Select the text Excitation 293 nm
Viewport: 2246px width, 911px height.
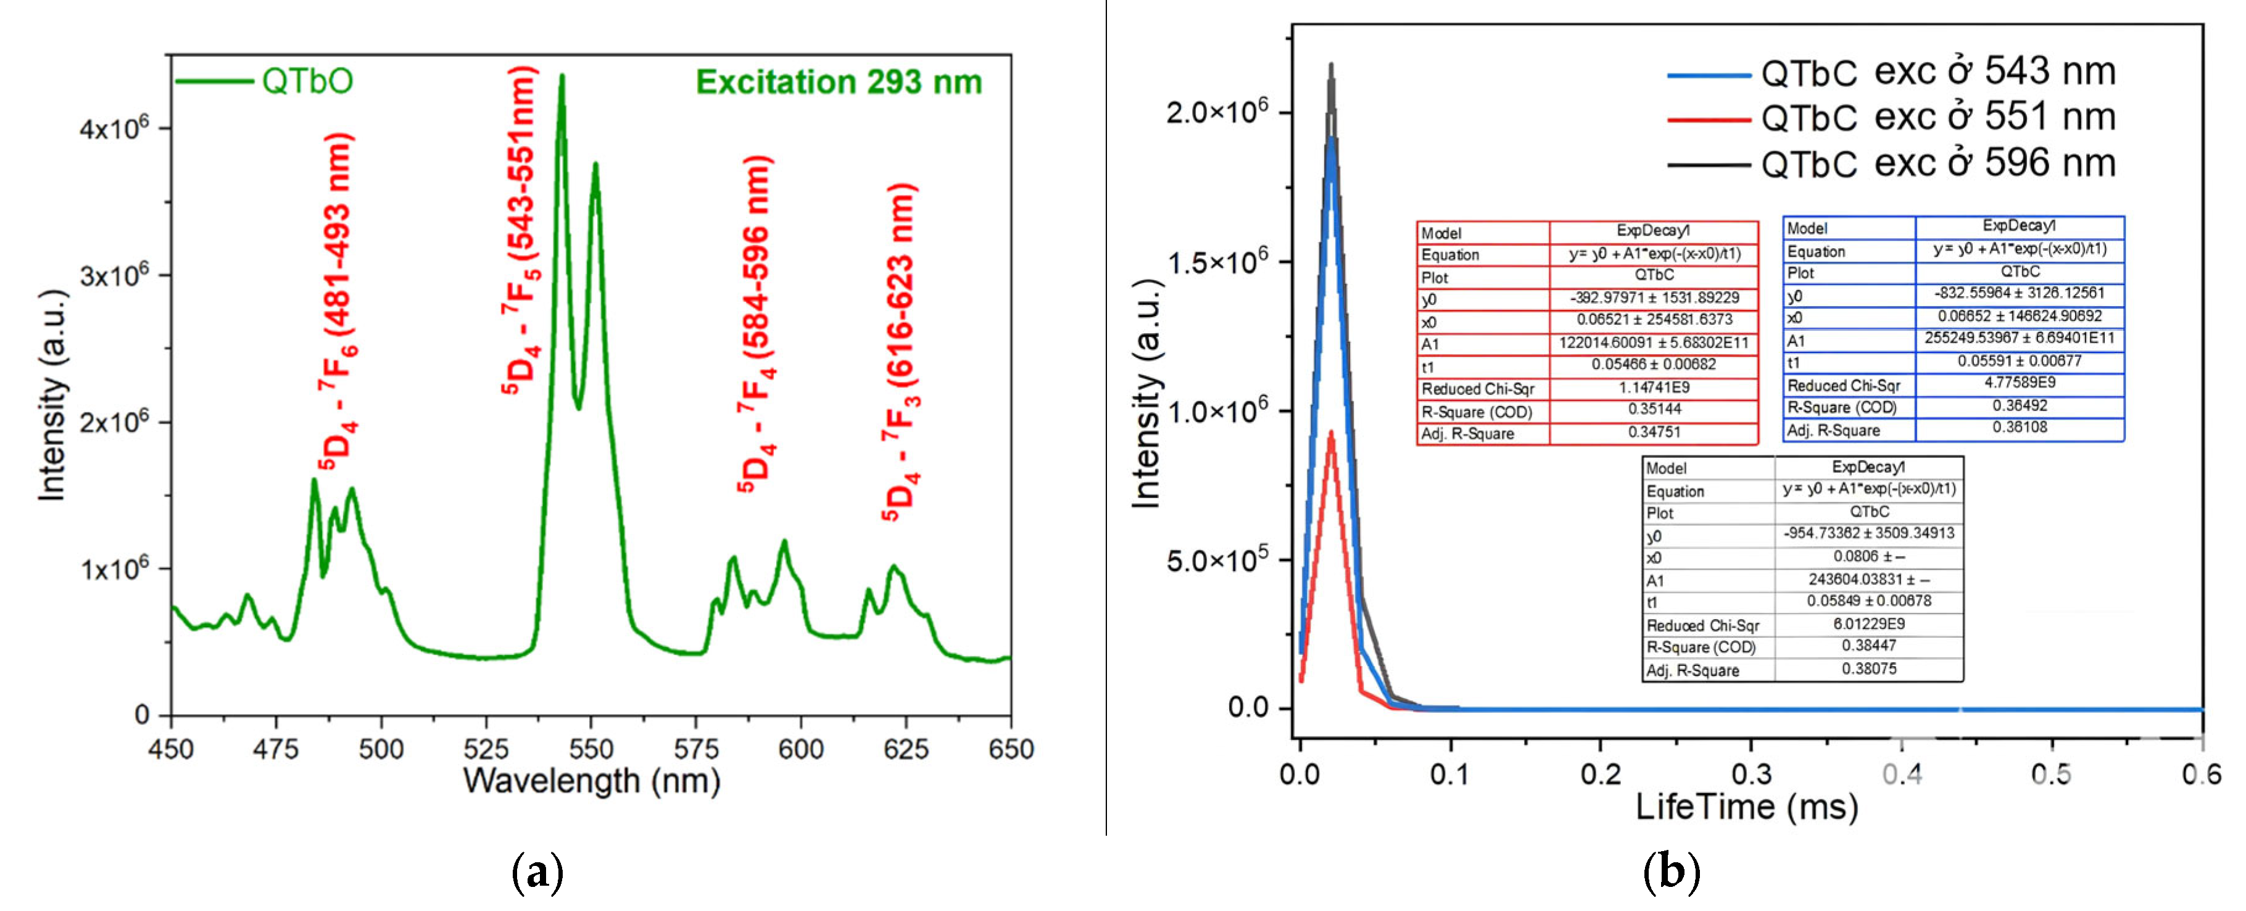(x=838, y=82)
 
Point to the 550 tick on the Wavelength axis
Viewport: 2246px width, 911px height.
(x=591, y=748)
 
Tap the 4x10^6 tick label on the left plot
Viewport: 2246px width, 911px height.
(x=114, y=128)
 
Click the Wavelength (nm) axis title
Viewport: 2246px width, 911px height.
(x=591, y=780)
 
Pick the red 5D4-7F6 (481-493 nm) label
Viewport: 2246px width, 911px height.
(x=336, y=301)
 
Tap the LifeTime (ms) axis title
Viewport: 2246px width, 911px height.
(x=1746, y=807)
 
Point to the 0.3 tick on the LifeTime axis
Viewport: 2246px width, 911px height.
(x=1751, y=773)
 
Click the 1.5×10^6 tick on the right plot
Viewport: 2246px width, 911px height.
(x=1216, y=262)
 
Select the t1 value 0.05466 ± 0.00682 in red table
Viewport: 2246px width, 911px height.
(x=1653, y=364)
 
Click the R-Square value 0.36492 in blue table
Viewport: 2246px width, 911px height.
(x=2020, y=406)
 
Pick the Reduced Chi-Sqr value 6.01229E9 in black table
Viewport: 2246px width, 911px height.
(x=1868, y=624)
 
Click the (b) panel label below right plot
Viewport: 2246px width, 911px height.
(x=1670, y=871)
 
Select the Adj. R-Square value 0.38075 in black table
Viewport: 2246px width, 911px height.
(x=1868, y=668)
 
